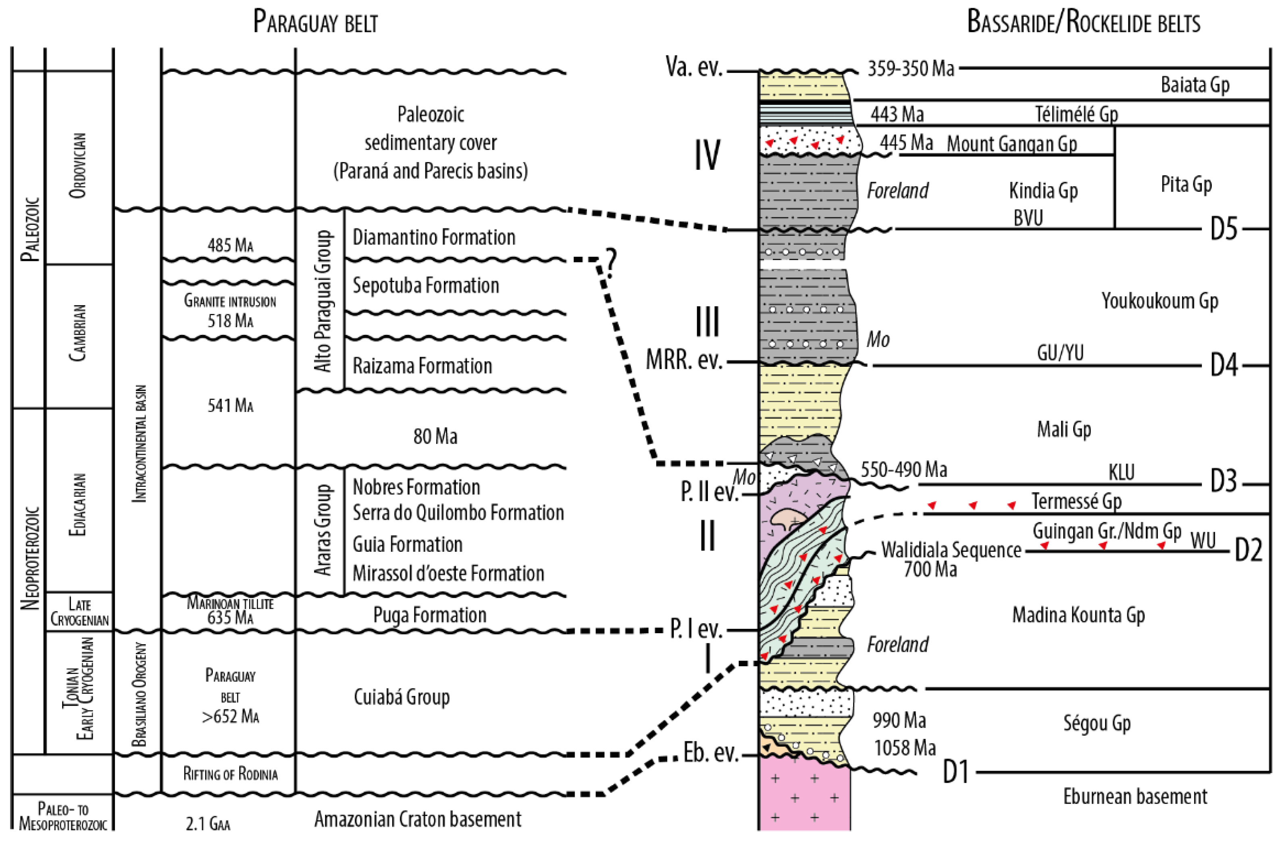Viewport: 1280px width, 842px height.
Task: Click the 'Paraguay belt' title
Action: click(x=315, y=23)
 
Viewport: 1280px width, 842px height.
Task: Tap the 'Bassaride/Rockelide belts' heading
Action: click(x=1083, y=23)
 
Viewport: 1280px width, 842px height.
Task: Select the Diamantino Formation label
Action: click(x=433, y=237)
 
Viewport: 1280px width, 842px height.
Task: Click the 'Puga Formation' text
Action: click(x=430, y=615)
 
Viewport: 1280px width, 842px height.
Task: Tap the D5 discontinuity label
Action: click(x=1224, y=229)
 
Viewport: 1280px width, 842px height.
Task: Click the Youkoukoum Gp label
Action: click(x=1159, y=301)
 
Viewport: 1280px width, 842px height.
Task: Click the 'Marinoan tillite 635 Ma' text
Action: click(x=230, y=610)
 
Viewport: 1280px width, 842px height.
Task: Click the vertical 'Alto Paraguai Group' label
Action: click(x=323, y=301)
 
